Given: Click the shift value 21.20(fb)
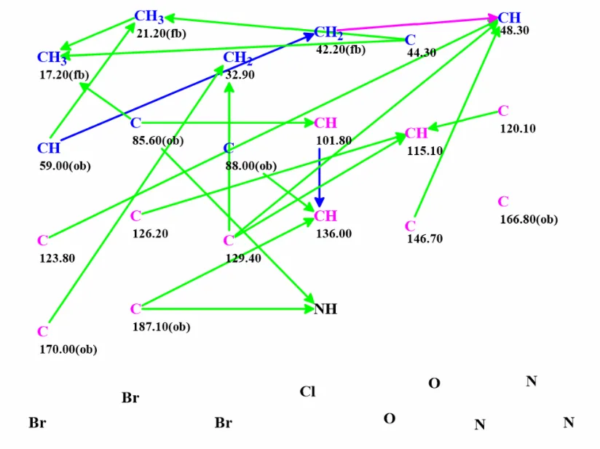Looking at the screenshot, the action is click(x=162, y=33).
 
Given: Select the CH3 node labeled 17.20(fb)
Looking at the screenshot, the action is click(x=52, y=57).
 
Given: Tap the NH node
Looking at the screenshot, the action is click(x=325, y=309).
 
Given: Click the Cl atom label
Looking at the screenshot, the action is click(x=308, y=392).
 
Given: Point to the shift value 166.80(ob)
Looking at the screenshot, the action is click(x=529, y=220).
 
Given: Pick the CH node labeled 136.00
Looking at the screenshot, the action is click(x=325, y=216).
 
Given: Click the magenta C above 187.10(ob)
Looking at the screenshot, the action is click(x=136, y=309).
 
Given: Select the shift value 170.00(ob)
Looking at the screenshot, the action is click(x=68, y=349).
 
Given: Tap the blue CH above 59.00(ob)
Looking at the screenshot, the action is click(x=49, y=148).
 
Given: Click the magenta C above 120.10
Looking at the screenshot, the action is click(x=504, y=111).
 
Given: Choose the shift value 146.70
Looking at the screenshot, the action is click(x=425, y=239).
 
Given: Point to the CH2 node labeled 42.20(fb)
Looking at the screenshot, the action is click(x=328, y=33).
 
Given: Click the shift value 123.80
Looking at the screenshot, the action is click(x=58, y=258).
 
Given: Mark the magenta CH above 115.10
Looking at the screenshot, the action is click(x=417, y=133).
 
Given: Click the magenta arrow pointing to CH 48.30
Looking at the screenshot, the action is click(x=417, y=23).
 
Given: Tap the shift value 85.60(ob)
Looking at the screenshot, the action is click(x=158, y=140).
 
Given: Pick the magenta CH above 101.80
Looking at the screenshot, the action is click(x=325, y=123).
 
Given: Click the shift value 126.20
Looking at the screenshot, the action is click(x=151, y=234).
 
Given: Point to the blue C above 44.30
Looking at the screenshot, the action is click(x=410, y=40).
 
